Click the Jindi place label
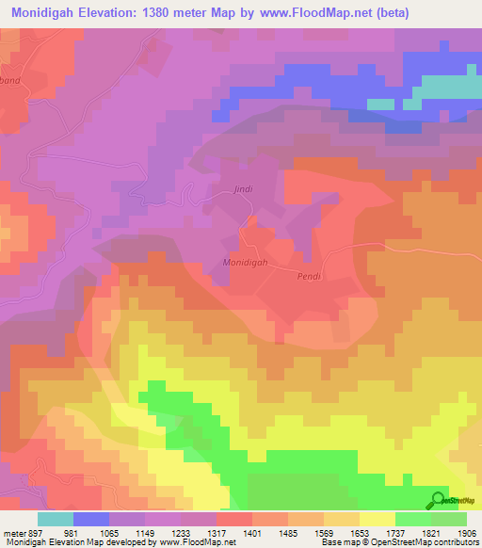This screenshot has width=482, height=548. (243, 189)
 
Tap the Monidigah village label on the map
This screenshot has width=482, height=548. (248, 263)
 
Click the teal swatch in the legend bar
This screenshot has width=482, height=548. (55, 519)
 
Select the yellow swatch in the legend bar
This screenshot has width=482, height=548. (377, 519)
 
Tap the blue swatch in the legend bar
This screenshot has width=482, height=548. (90, 519)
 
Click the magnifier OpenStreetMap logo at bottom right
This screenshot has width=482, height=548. (439, 500)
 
